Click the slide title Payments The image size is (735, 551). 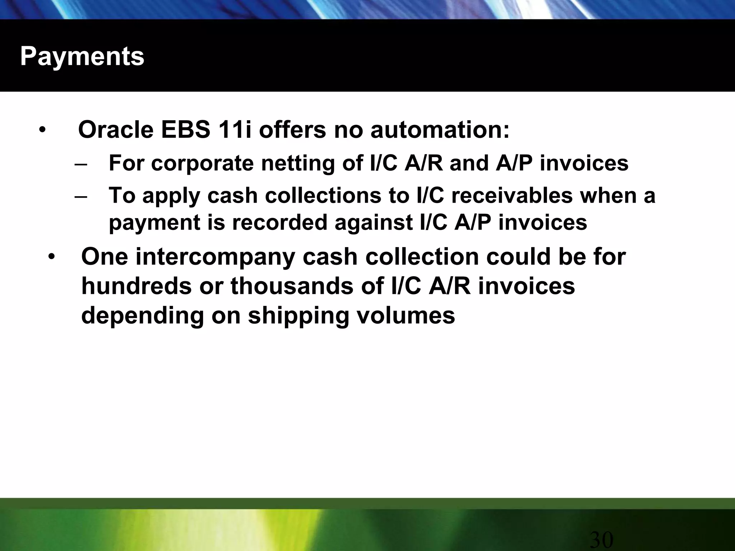pos(82,56)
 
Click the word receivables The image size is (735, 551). pos(512,196)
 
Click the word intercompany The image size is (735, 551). pos(215,258)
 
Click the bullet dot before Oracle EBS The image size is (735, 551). pos(42,130)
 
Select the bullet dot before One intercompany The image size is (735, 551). pos(52,257)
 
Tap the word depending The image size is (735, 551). pos(142,316)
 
